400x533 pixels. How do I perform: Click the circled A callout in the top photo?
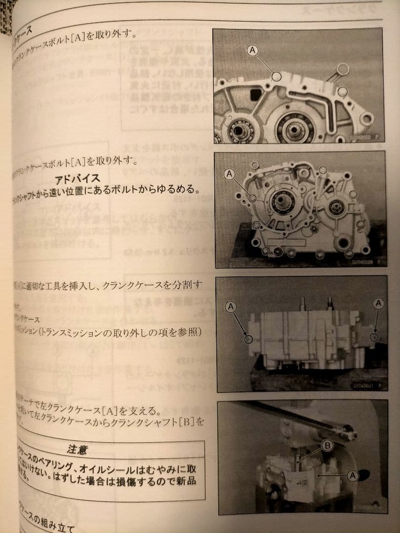point(252,50)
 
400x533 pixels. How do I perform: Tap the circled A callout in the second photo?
point(229,174)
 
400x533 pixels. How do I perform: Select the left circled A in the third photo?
point(231,307)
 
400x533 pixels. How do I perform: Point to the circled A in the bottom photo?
point(352,475)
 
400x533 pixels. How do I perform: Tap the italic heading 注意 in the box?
point(77,450)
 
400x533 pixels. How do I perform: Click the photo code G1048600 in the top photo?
point(360,140)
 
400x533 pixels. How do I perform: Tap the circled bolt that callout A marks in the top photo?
point(277,76)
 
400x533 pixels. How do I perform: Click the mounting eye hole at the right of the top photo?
point(366,118)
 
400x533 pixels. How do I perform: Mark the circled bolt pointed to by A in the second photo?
point(253,198)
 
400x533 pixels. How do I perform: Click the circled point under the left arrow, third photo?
point(248,339)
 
